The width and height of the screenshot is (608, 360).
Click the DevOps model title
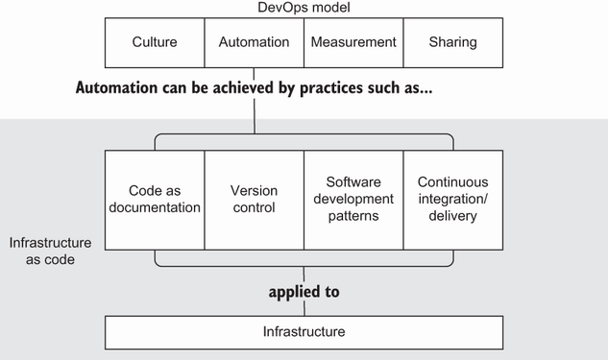coord(304,8)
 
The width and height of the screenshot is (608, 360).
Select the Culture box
coord(155,42)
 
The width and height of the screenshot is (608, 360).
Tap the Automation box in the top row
coord(254,42)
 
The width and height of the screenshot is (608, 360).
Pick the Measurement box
coord(353,42)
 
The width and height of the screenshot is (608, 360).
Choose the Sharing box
coord(453,42)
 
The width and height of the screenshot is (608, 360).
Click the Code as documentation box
coord(155,200)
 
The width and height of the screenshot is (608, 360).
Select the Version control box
coord(254,200)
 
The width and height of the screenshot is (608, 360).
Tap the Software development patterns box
coord(353,200)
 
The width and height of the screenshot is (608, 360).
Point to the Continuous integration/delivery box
coord(453,200)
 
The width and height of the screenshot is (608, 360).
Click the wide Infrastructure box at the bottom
coord(304,332)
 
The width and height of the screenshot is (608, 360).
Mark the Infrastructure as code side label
coord(50,252)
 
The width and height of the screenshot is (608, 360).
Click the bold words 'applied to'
coord(304,292)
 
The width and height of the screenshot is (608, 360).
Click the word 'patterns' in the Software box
coord(353,216)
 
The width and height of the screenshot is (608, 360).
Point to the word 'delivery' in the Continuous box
coord(453,216)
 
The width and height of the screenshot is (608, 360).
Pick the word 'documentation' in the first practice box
coord(155,207)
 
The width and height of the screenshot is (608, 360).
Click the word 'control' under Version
coord(254,207)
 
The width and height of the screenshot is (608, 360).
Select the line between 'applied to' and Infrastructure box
coord(304,308)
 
